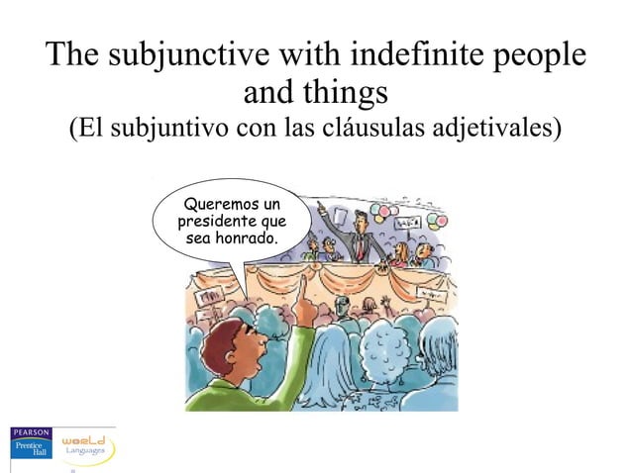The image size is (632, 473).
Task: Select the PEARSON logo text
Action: pyautogui.click(x=30, y=431)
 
